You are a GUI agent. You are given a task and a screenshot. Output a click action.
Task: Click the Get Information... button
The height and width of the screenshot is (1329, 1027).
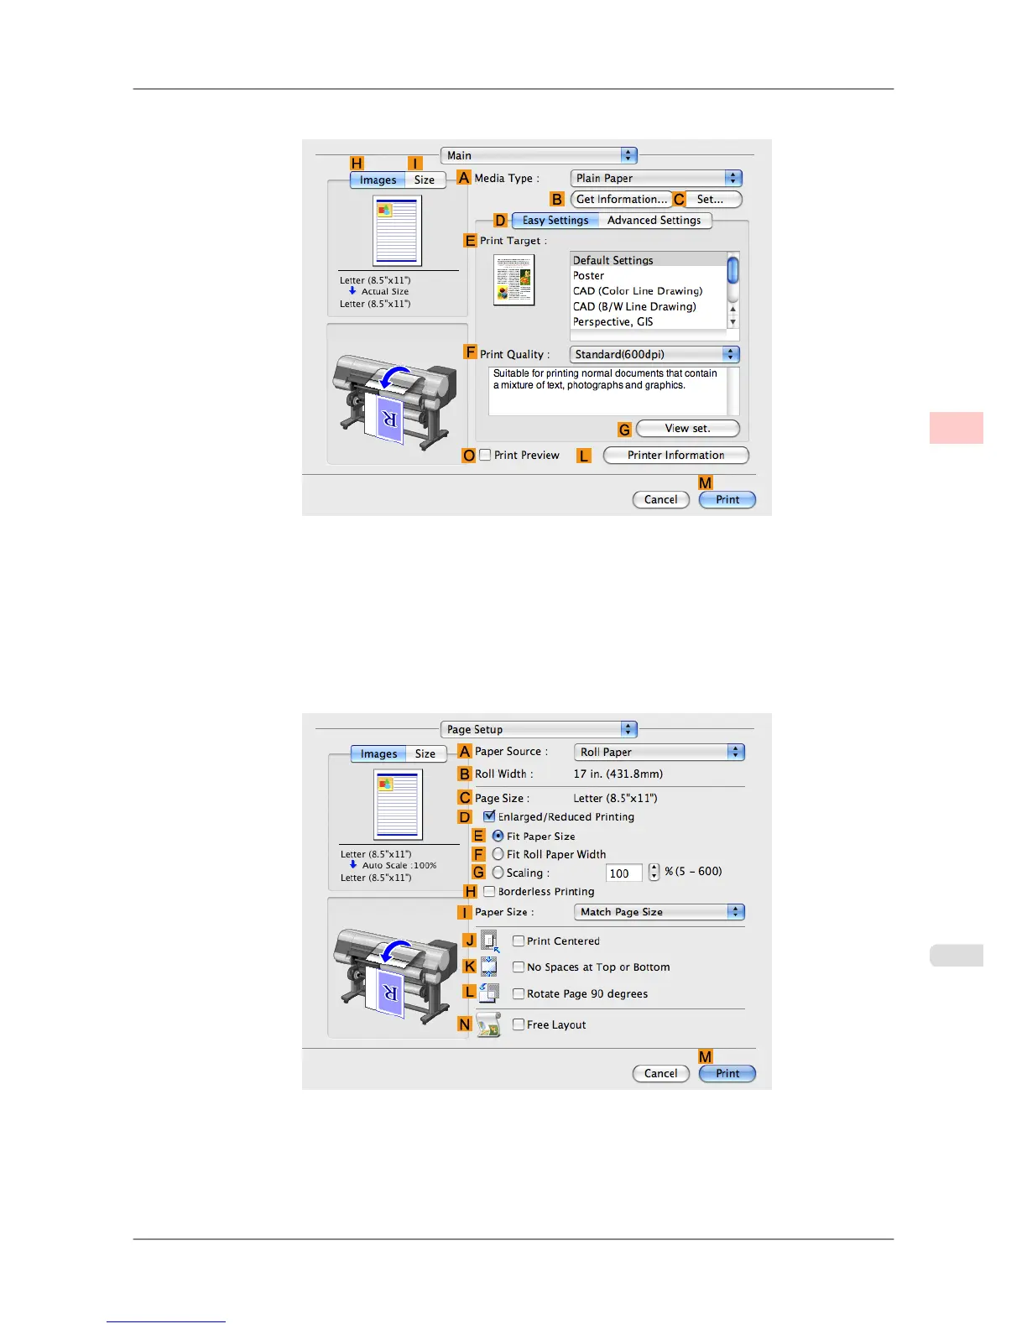pos(621,200)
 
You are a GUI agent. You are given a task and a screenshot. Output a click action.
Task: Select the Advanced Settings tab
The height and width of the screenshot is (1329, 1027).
pos(654,221)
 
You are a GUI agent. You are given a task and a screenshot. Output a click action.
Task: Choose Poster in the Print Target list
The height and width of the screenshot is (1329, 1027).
pos(589,276)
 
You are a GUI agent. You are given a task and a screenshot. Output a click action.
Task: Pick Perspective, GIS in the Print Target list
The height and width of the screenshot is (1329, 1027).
pos(613,322)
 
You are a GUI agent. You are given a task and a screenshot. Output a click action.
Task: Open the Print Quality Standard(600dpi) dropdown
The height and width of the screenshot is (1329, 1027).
pos(654,355)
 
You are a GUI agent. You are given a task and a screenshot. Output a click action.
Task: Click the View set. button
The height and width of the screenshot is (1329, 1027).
pos(687,429)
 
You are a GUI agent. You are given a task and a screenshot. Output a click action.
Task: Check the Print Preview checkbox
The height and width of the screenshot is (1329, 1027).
pos(486,456)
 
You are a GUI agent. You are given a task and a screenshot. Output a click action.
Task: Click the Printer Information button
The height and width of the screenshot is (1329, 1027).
pos(675,456)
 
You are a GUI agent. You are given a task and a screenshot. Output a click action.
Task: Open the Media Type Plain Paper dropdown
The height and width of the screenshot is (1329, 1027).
pos(656,179)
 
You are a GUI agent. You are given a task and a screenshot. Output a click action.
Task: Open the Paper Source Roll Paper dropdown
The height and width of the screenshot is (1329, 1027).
pos(659,753)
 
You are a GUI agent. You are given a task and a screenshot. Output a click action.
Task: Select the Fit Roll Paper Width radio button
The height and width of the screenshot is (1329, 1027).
pos(498,854)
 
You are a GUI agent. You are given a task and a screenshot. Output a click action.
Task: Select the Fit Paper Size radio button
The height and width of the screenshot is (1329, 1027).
pos(498,836)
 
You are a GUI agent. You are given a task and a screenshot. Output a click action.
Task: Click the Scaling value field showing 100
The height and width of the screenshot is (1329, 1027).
pos(623,873)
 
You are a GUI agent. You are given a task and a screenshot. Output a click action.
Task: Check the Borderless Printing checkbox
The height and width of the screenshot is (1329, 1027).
pos(489,892)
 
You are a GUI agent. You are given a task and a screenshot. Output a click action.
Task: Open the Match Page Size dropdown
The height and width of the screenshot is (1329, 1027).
pos(659,912)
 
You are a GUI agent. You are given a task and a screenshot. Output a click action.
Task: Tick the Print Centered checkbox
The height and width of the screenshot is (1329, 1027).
pos(519,941)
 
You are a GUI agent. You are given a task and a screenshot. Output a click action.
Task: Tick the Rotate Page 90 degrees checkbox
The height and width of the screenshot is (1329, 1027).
pos(519,994)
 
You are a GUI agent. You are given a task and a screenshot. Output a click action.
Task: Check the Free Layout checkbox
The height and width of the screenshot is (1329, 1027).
pos(519,1024)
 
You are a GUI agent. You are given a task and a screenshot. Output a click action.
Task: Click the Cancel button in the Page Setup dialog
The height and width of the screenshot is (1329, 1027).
pos(660,1074)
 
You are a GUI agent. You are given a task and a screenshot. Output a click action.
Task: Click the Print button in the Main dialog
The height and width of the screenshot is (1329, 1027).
pos(727,500)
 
